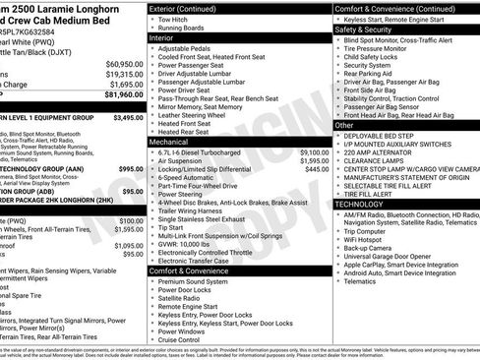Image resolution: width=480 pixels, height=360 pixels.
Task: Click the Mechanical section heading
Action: click(x=170, y=142)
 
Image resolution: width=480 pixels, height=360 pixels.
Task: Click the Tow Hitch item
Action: click(x=174, y=20)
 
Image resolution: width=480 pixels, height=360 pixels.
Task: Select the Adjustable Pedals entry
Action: click(x=188, y=48)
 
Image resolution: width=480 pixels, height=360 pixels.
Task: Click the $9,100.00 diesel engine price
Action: click(x=313, y=152)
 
